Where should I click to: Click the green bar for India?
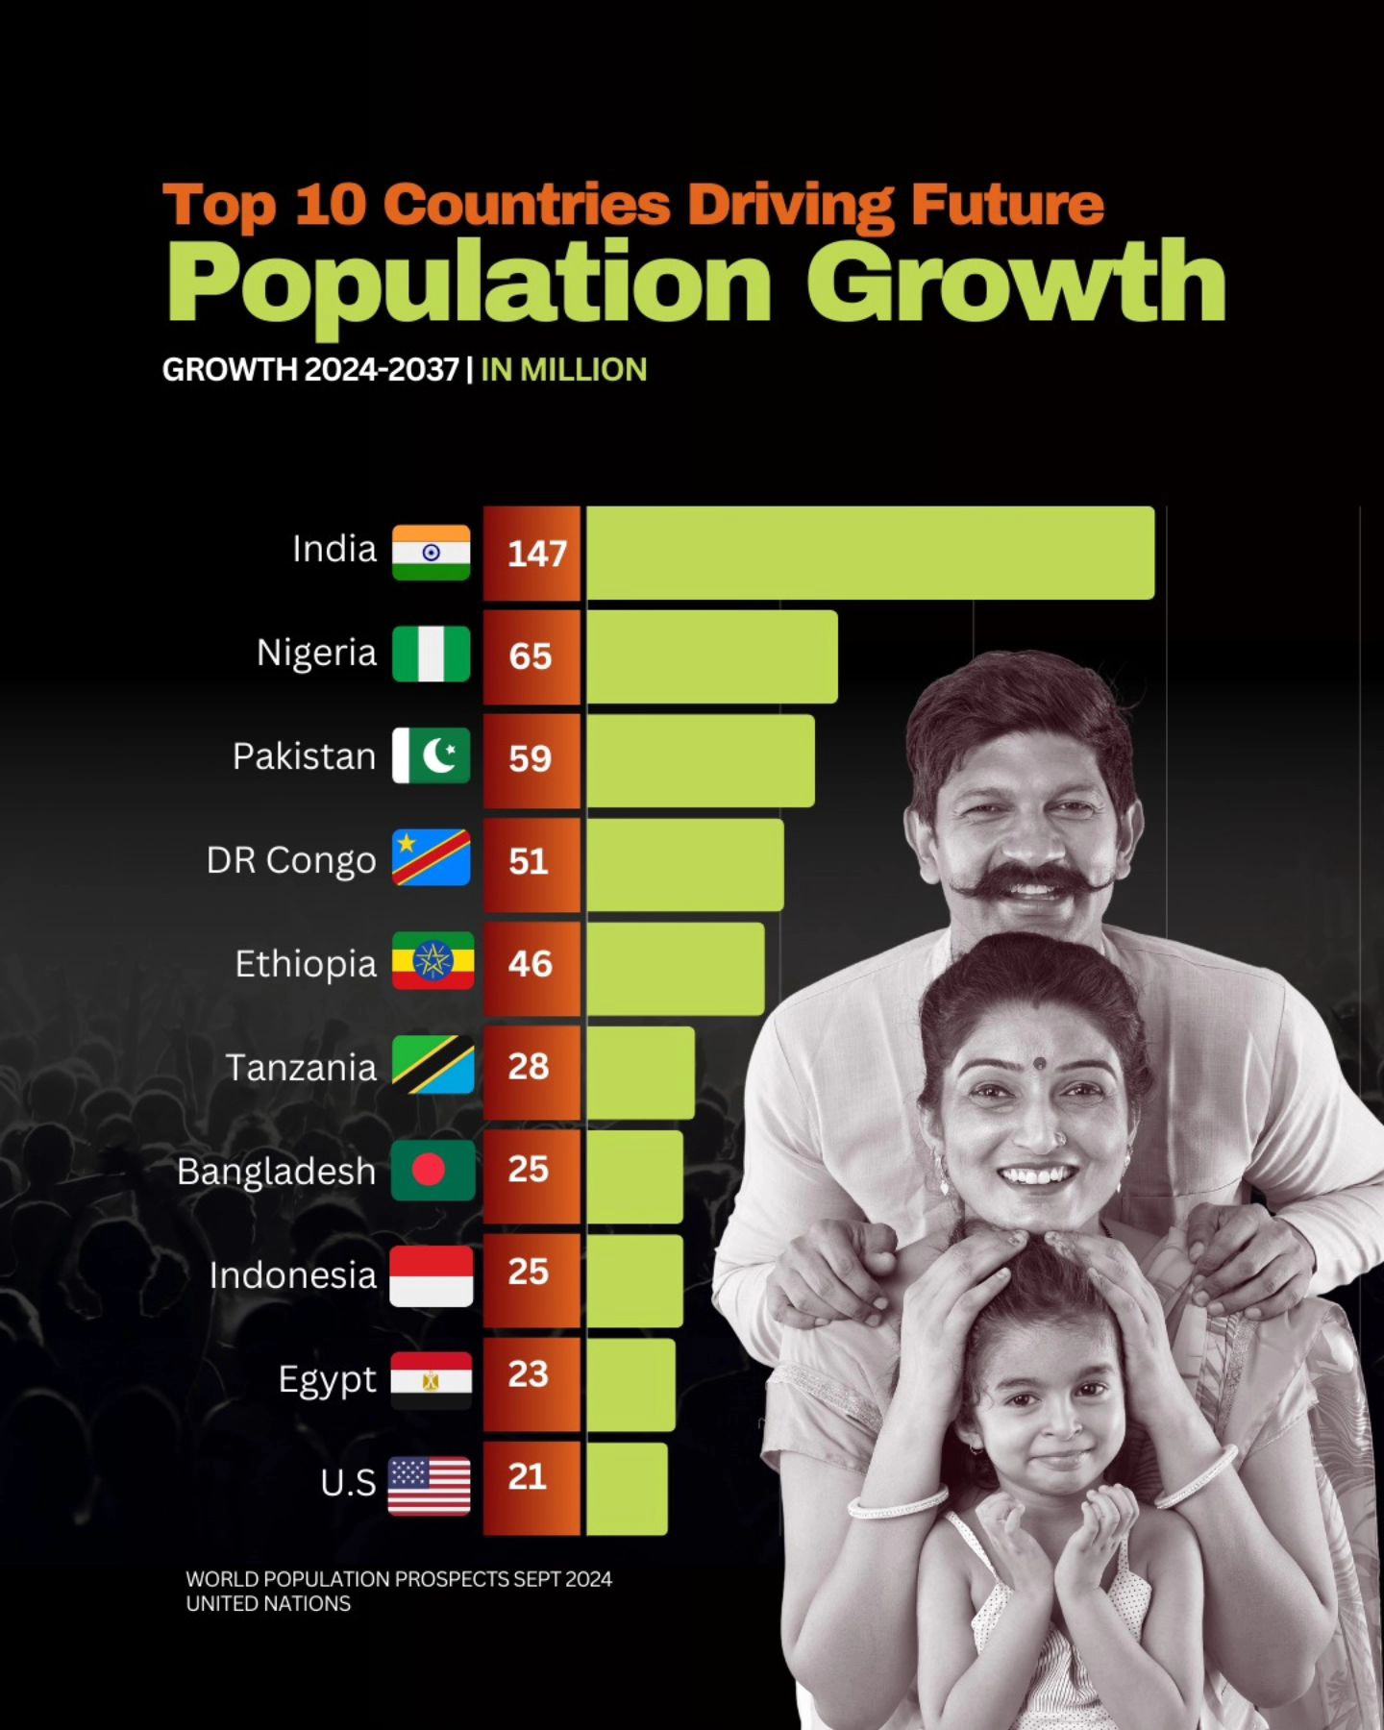pyautogui.click(x=870, y=553)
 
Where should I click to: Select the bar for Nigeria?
pyautogui.click(x=711, y=655)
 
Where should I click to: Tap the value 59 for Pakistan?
pyautogui.click(x=530, y=759)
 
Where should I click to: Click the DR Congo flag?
pyautogui.click(x=431, y=857)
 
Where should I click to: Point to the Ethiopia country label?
pyautogui.click(x=306, y=963)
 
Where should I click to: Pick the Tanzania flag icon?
pyautogui.click(x=432, y=1065)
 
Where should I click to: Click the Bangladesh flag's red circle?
pyautogui.click(x=428, y=1170)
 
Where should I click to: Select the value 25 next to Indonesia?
pyautogui.click(x=529, y=1272)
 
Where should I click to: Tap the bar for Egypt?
pyautogui.click(x=630, y=1384)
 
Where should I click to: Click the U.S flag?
pyautogui.click(x=430, y=1485)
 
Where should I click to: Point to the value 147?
pyautogui.click(x=536, y=554)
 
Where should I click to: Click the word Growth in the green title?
pyautogui.click(x=1016, y=284)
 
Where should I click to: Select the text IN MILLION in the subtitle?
pyautogui.click(x=564, y=370)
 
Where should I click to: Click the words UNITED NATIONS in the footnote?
pyautogui.click(x=268, y=1604)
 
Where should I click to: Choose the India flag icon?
pyautogui.click(x=431, y=553)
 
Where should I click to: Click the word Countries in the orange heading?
pyautogui.click(x=531, y=205)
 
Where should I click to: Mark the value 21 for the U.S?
pyautogui.click(x=528, y=1476)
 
